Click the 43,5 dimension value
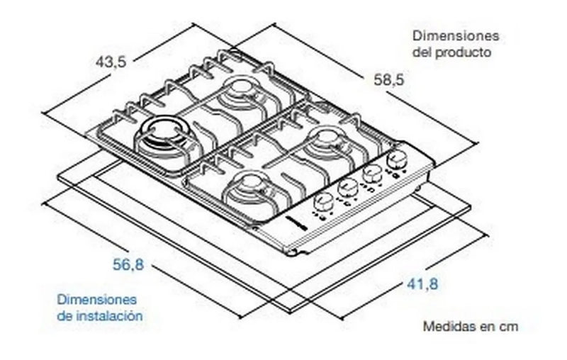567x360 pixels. pos(111,62)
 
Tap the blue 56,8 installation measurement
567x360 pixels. pos(128,266)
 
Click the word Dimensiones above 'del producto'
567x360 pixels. pos(456,36)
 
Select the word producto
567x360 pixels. pos(464,52)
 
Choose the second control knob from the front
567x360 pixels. pos(347,188)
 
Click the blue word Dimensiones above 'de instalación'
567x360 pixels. pos(96,300)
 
